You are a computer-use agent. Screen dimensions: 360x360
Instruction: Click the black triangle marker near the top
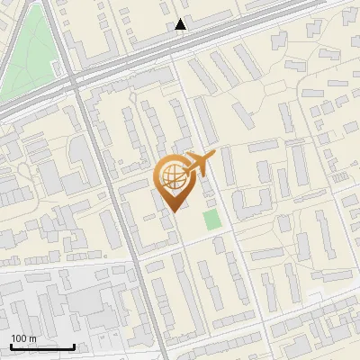pos(181,24)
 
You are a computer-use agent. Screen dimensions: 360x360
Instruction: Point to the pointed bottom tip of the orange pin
pos(173,211)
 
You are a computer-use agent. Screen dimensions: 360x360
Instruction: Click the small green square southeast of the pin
pos(211,220)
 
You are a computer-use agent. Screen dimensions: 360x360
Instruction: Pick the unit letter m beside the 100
pos(32,338)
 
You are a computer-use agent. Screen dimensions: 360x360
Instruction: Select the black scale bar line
pos(42,346)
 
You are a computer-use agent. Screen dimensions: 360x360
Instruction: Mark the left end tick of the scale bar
pos(11,345)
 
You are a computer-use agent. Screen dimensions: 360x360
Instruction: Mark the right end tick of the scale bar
pos(74,345)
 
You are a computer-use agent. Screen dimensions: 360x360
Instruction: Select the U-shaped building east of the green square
pos(247,202)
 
